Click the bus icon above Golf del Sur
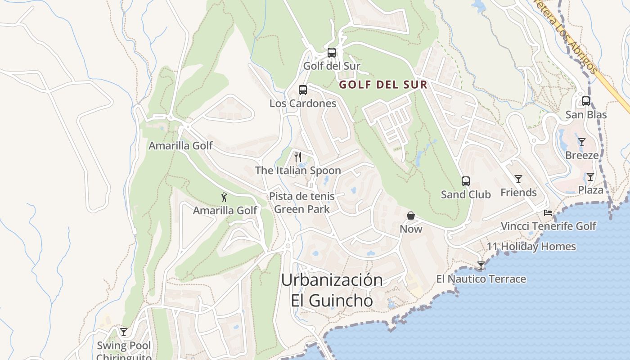(x=332, y=53)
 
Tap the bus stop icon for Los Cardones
(x=303, y=90)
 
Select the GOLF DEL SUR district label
(x=383, y=85)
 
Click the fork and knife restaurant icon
(x=297, y=157)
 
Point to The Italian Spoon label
(x=298, y=171)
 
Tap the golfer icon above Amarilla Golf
(x=224, y=197)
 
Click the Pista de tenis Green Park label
(x=301, y=202)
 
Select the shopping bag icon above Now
(x=411, y=216)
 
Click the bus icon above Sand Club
(x=466, y=181)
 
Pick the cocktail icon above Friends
(x=518, y=179)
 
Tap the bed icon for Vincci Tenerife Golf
(x=548, y=212)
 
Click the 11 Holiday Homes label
(x=531, y=247)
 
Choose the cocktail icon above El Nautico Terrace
(x=481, y=265)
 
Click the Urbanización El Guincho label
(x=332, y=290)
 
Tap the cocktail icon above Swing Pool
(x=124, y=332)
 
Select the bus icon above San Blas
(x=586, y=101)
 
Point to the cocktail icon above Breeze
(x=582, y=142)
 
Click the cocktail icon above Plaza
(x=590, y=177)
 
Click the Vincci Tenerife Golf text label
(x=549, y=226)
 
